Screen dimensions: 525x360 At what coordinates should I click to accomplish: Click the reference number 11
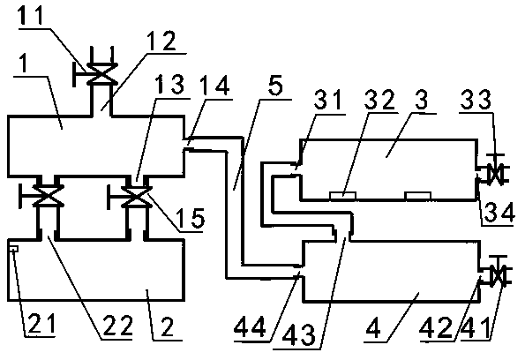point(31,15)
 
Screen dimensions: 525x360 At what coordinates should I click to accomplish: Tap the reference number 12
point(162,41)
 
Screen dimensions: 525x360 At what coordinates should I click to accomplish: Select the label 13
point(171,84)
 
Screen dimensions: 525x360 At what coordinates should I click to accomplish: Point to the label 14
point(216,85)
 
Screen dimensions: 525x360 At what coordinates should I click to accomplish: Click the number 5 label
point(275,85)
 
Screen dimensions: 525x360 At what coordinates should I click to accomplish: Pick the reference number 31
point(328,100)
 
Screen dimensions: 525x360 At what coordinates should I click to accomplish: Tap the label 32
point(379,100)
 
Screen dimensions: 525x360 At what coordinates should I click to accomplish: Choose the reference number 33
point(476,100)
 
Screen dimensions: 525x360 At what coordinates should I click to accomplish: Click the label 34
point(499,213)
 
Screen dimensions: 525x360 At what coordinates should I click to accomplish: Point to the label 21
point(41,324)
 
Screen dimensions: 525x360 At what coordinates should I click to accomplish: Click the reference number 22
point(118,326)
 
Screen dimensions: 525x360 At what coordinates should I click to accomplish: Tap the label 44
point(250,326)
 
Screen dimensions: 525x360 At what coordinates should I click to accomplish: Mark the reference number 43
point(298,334)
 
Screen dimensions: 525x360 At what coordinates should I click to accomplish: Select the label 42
point(436,327)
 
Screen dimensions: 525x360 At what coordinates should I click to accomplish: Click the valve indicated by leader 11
point(101,74)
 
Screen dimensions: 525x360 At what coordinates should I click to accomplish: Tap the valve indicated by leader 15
point(135,198)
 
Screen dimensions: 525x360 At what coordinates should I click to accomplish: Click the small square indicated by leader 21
point(14,249)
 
